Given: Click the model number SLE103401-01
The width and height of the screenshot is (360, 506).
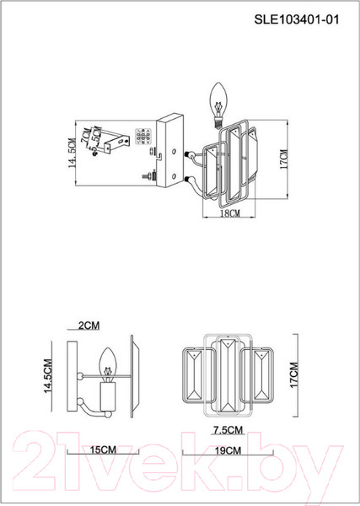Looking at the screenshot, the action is [x=297, y=19].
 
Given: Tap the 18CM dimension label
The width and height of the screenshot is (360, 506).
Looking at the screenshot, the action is [x=229, y=213].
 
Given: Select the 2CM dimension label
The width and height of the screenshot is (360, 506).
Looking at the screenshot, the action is [x=89, y=326].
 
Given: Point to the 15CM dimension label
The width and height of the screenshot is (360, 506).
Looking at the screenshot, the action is [x=102, y=449].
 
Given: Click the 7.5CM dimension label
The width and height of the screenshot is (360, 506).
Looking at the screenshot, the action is [x=228, y=430].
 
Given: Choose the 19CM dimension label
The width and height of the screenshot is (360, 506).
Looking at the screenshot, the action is [x=228, y=450].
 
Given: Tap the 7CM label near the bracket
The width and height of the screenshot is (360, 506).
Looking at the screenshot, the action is [x=85, y=135].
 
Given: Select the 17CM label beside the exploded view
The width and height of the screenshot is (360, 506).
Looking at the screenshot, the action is [x=284, y=159].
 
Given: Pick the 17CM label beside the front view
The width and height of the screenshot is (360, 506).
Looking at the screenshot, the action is [x=294, y=375].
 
